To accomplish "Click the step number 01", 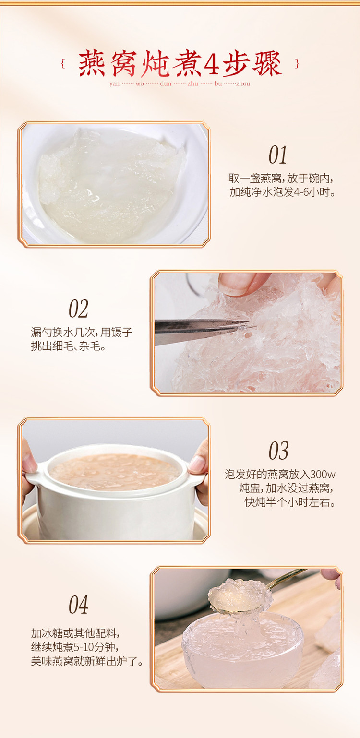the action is (277, 155).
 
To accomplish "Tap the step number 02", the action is (78, 309).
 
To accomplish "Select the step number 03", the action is (278, 451).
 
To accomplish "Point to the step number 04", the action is (78, 605).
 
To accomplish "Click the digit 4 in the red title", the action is (211, 64).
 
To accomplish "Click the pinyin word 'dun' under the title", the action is (166, 83).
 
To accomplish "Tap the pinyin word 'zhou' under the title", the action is (243, 83).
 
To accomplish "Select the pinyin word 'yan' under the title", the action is (114, 84).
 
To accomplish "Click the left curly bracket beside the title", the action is (63, 63).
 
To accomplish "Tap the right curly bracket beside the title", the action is (297, 63).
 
